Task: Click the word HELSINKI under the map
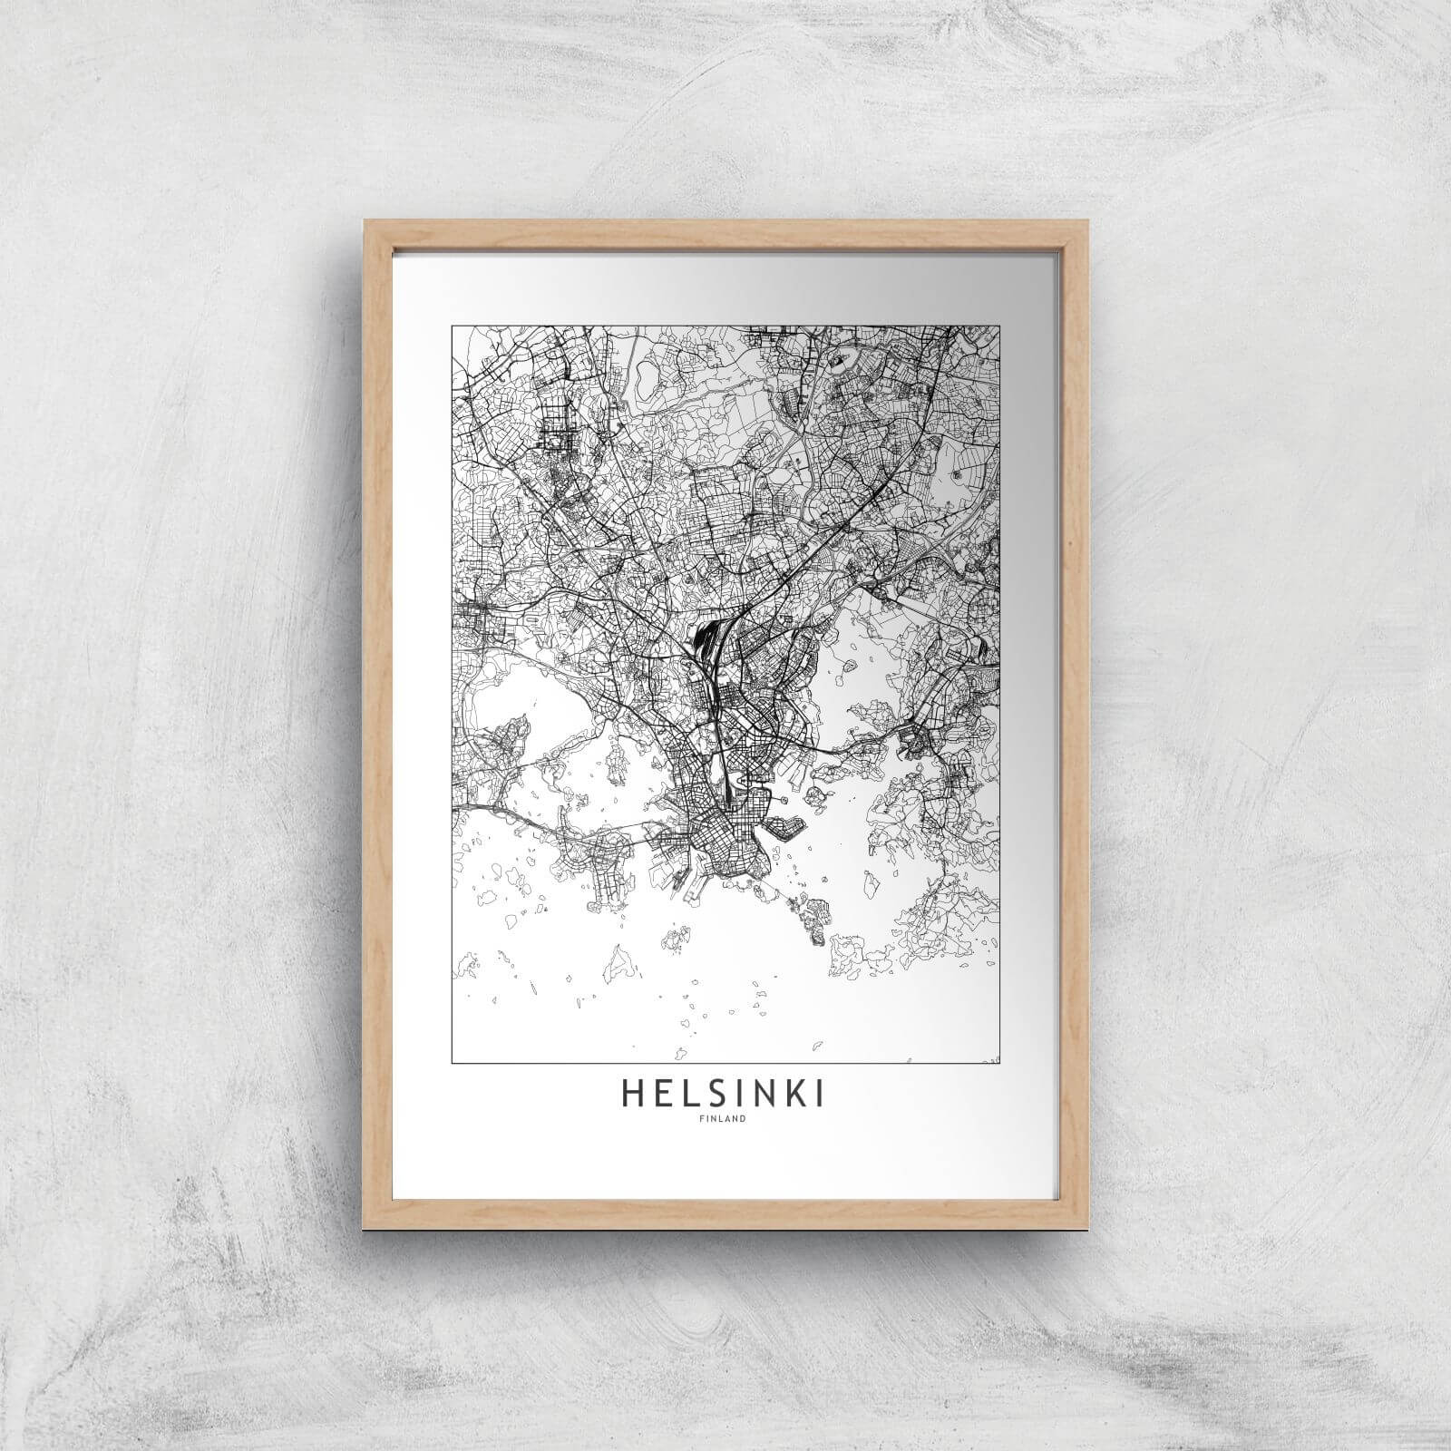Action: [723, 1096]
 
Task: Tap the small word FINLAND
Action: [724, 1118]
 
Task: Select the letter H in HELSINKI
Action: [631, 1096]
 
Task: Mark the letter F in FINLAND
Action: [705, 1118]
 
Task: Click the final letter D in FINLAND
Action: [743, 1118]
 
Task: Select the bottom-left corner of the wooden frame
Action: [365, 1216]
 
